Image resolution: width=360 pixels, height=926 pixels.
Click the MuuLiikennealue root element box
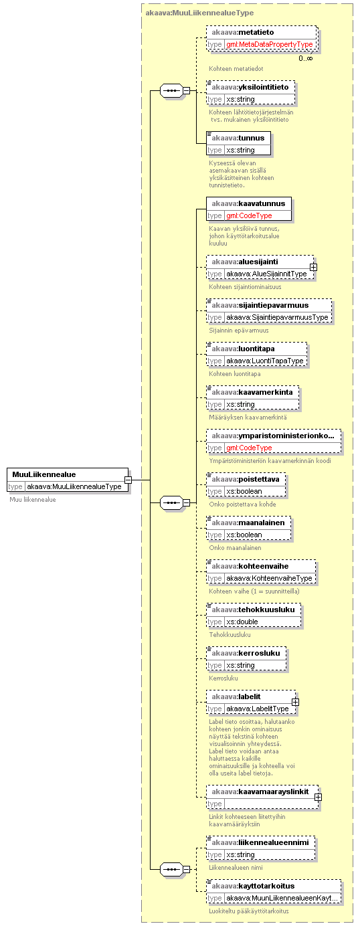click(68, 480)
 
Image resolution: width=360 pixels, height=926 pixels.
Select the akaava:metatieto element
click(262, 38)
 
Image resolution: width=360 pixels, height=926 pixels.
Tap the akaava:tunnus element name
click(238, 138)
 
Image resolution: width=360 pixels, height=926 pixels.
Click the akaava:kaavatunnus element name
click(248, 203)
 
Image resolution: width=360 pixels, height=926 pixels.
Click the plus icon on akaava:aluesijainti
click(313, 268)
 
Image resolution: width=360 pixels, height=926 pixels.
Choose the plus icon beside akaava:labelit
click(295, 703)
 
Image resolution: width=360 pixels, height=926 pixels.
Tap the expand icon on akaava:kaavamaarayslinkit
click(318, 798)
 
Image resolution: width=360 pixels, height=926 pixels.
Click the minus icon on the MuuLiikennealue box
click(128, 480)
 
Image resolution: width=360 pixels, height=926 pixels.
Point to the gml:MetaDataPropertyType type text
click(270, 44)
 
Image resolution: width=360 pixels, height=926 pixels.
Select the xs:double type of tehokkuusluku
click(242, 622)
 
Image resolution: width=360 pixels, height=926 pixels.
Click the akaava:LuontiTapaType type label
click(265, 361)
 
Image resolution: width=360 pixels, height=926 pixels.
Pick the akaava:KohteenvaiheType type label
click(269, 578)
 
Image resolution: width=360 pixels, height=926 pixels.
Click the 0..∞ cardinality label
click(306, 58)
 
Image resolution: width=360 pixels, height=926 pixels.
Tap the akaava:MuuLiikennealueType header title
click(199, 13)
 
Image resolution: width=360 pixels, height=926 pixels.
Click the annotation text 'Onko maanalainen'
click(235, 548)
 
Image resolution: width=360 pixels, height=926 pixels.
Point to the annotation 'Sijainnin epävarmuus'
click(239, 331)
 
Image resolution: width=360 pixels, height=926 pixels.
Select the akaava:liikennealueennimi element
click(261, 848)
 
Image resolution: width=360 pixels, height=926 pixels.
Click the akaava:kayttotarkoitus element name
click(253, 886)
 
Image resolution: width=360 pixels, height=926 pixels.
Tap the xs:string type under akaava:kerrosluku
click(240, 665)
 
